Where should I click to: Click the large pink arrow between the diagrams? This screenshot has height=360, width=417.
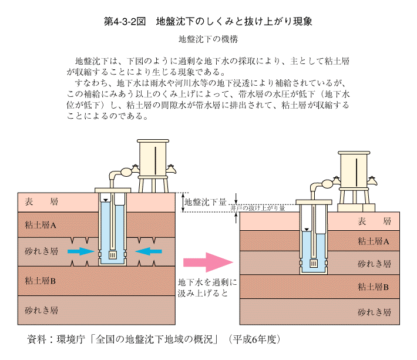pyautogui.click(x=208, y=262)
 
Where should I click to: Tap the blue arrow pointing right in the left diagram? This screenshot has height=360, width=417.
pyautogui.click(x=81, y=251)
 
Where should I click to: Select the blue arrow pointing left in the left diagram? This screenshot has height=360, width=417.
pyautogui.click(x=149, y=251)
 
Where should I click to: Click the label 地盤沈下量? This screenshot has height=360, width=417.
pyautogui.click(x=206, y=202)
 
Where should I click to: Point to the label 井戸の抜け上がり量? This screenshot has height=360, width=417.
pyautogui.click(x=258, y=208)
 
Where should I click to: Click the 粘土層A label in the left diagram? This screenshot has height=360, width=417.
pyautogui.click(x=41, y=225)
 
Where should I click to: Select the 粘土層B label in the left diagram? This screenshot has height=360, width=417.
pyautogui.click(x=41, y=281)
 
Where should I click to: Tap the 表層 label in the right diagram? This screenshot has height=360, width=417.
pyautogui.click(x=375, y=221)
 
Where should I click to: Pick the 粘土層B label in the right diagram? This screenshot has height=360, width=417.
pyautogui.click(x=373, y=287)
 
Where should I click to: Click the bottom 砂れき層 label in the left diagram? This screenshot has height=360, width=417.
pyautogui.click(x=42, y=310)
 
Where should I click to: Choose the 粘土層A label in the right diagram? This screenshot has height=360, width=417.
pyautogui.click(x=374, y=241)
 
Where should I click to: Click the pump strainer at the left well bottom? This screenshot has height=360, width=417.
pyautogui.click(x=113, y=255)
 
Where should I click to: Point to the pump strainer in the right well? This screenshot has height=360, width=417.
pyautogui.click(x=314, y=263)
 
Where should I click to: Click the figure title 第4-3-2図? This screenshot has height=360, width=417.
pyautogui.click(x=125, y=21)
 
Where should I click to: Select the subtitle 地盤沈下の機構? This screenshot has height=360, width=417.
pyautogui.click(x=208, y=39)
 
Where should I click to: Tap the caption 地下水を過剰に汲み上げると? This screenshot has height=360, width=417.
pyautogui.click(x=207, y=287)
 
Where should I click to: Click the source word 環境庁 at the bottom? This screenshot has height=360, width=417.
pyautogui.click(x=70, y=339)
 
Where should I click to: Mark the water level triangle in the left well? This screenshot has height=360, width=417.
pyautogui.click(x=106, y=200)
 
